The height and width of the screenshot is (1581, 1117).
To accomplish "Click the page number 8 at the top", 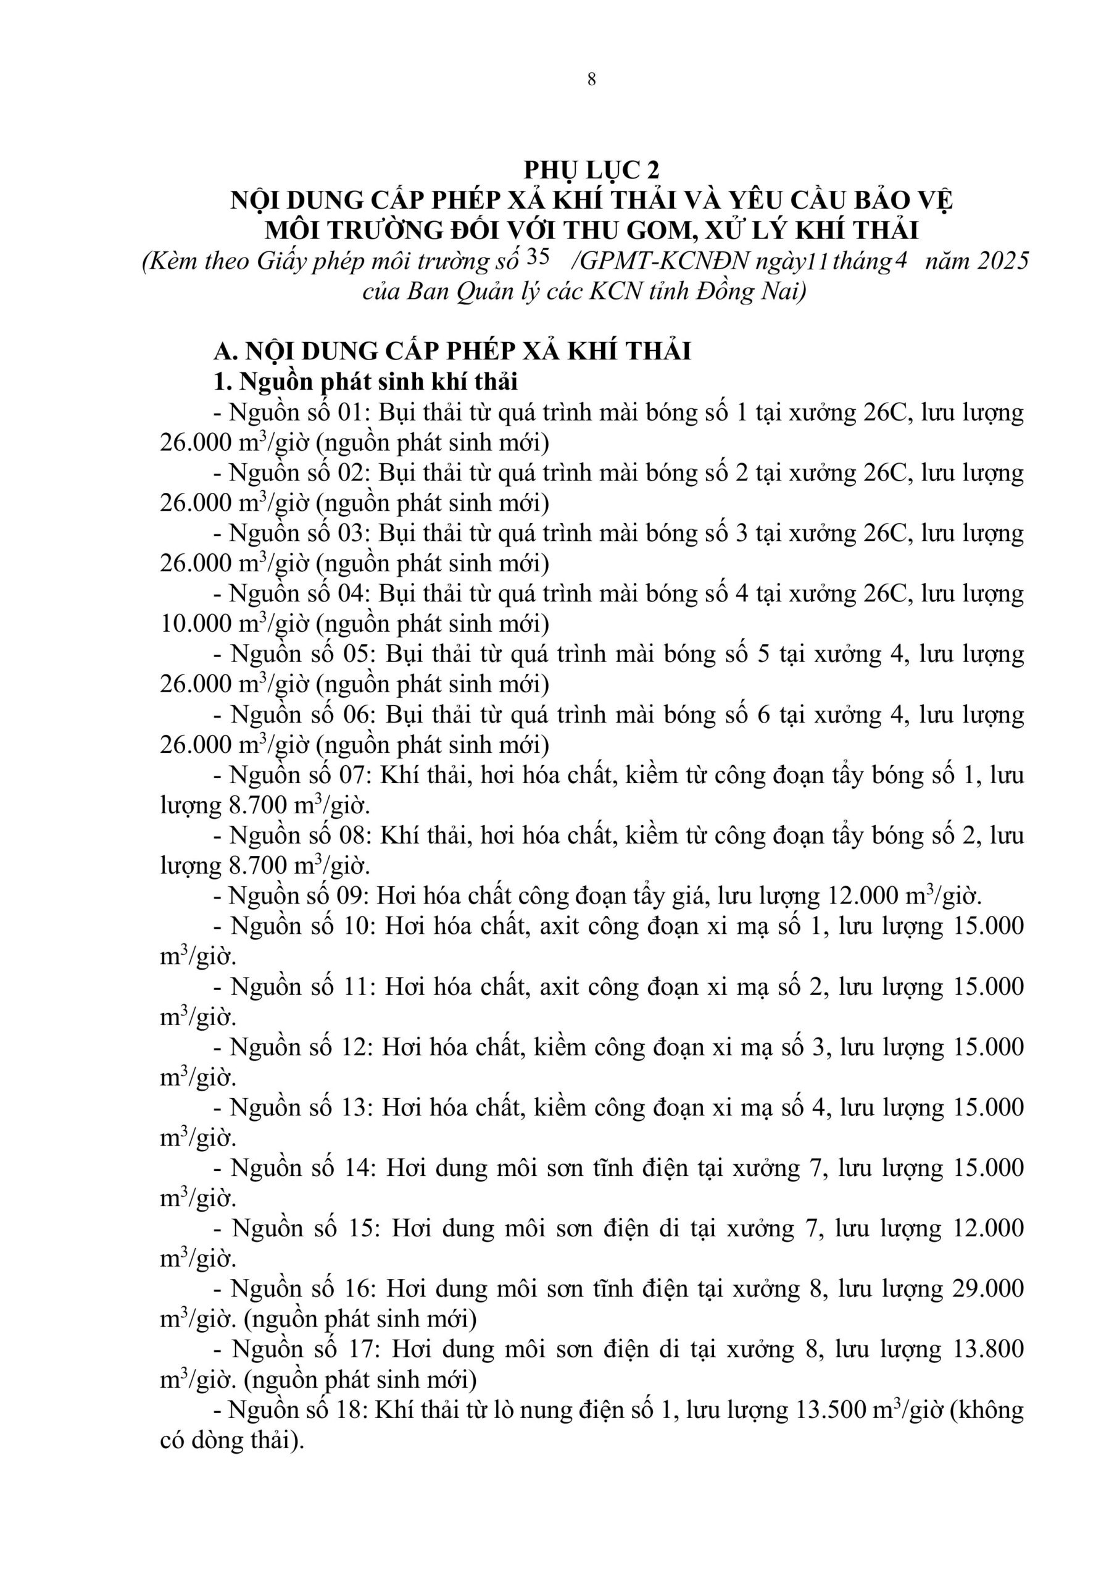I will pyautogui.click(x=591, y=80).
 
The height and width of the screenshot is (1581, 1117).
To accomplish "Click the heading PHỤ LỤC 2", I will pyautogui.click(x=591, y=169).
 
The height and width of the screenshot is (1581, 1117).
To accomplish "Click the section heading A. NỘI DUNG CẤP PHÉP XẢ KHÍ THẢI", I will pyautogui.click(x=452, y=351).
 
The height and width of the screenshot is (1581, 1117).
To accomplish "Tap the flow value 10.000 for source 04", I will pyautogui.click(x=196, y=624).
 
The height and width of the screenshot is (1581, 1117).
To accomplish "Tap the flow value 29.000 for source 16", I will pyautogui.click(x=988, y=1289).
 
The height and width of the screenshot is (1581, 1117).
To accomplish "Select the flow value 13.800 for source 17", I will pyautogui.click(x=988, y=1349).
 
